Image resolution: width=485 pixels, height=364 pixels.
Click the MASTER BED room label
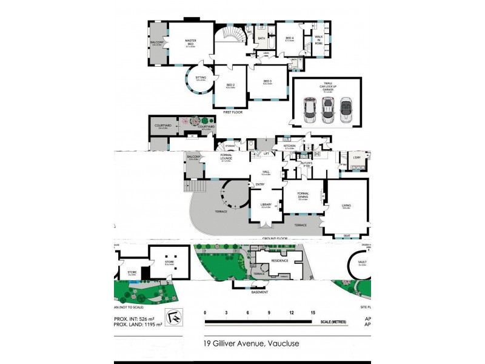[x=190, y=42]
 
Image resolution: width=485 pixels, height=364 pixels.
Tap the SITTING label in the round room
[x=200, y=78]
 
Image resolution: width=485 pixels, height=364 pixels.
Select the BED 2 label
[x=230, y=86]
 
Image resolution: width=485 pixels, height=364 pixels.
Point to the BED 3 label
[x=267, y=81]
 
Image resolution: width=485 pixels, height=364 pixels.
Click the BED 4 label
[x=290, y=38]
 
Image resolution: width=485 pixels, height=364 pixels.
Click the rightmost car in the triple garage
[x=347, y=109]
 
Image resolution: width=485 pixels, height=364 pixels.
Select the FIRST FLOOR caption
[x=233, y=112]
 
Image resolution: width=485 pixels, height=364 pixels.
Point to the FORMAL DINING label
[x=303, y=196]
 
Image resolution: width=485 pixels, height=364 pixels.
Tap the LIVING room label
[x=346, y=205]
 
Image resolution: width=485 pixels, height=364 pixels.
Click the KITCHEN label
[x=289, y=146]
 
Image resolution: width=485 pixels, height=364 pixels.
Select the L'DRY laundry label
[x=356, y=157]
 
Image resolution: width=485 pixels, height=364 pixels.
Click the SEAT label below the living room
[x=346, y=236]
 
